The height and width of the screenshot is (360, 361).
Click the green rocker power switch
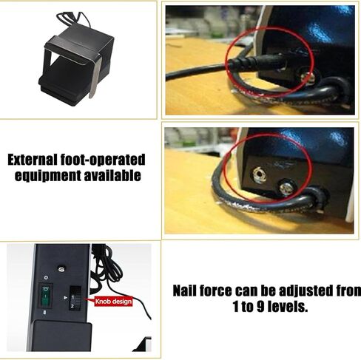(45, 295)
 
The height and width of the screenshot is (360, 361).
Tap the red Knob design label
(113, 302)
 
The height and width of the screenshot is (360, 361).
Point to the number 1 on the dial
(72, 297)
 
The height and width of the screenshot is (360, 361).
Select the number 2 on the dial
(72, 306)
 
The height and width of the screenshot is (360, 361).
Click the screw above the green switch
(61, 269)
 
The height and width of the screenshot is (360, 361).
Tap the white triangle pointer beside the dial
(65, 298)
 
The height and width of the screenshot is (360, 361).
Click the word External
(32, 160)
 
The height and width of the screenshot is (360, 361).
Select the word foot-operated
(103, 160)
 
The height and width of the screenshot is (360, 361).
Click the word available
(112, 175)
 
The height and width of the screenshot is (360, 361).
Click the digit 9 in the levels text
(260, 307)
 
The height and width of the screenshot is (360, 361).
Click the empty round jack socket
(259, 174)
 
